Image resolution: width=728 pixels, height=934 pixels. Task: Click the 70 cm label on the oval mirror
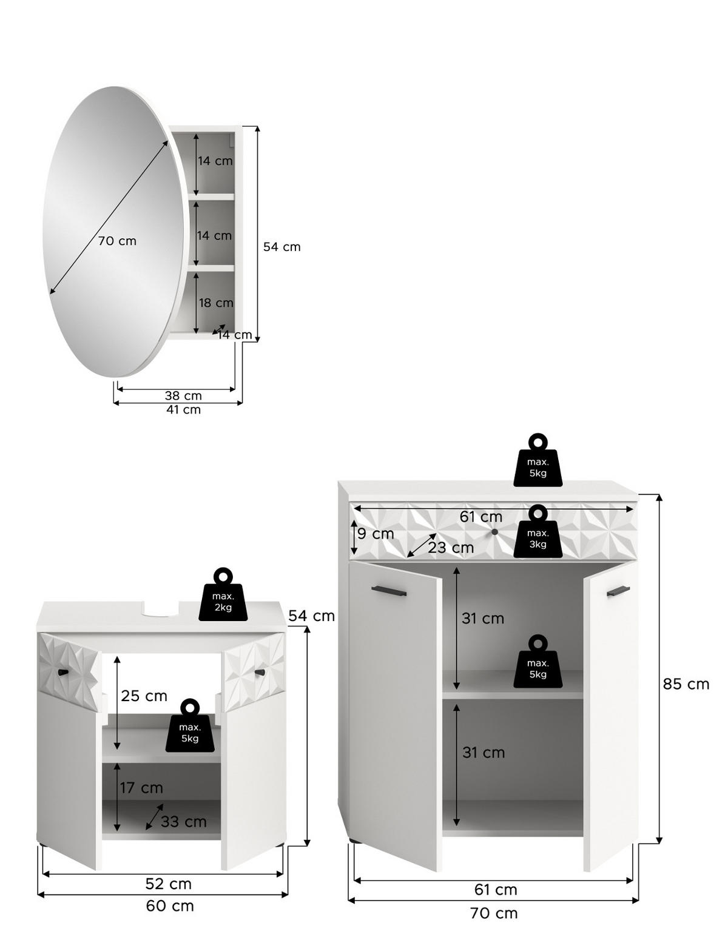(x=117, y=241)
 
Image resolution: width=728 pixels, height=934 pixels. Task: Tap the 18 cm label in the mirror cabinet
(x=216, y=303)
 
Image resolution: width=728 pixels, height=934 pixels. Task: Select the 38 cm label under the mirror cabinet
(x=183, y=395)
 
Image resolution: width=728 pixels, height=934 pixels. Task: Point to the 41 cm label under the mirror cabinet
(x=183, y=409)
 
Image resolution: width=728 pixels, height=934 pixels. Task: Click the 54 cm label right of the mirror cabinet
(x=281, y=247)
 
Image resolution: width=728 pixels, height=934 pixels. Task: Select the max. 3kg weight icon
(x=538, y=533)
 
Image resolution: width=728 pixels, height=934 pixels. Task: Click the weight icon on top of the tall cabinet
(x=538, y=461)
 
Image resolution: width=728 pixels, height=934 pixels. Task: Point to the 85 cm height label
(x=686, y=684)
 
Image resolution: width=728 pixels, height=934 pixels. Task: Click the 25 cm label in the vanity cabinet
(x=144, y=696)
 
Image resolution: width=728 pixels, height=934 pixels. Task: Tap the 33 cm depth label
(x=183, y=822)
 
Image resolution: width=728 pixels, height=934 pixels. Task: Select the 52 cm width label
(x=168, y=884)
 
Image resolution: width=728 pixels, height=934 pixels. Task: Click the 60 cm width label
(x=170, y=906)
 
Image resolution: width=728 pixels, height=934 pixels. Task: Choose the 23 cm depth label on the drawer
(x=451, y=548)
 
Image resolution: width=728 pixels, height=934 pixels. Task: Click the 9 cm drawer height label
(x=376, y=534)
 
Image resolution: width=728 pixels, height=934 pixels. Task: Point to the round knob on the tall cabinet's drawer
(x=494, y=532)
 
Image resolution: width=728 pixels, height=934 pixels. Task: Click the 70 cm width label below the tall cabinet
(x=494, y=913)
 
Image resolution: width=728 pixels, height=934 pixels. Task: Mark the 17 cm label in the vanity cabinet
(x=141, y=788)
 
